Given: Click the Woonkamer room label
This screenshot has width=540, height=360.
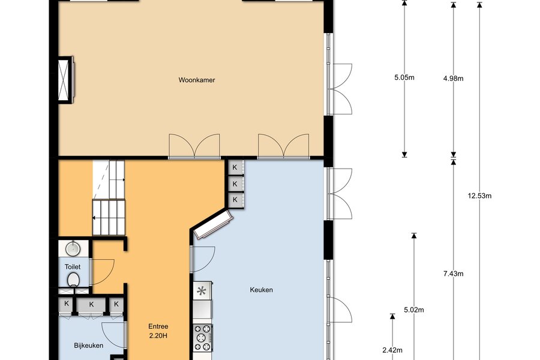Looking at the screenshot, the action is pyautogui.click(x=197, y=80).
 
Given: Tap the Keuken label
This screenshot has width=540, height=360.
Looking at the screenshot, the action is pyautogui.click(x=262, y=290).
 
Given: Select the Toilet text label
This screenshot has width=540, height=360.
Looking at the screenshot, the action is pyautogui.click(x=73, y=266).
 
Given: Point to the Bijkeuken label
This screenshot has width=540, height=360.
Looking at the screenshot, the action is pyautogui.click(x=89, y=346).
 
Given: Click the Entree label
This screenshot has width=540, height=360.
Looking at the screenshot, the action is pyautogui.click(x=158, y=326).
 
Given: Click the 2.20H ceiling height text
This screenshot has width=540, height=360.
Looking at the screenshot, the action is pyautogui.click(x=158, y=335).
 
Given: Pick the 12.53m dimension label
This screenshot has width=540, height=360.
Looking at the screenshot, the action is pyautogui.click(x=479, y=196).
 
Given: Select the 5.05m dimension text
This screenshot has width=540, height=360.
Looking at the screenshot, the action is pyautogui.click(x=404, y=77).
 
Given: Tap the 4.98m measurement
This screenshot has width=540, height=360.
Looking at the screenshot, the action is pyautogui.click(x=453, y=79).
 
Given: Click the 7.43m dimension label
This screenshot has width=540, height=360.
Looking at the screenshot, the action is pyautogui.click(x=453, y=274).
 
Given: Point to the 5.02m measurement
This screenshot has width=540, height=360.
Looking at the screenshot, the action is pyautogui.click(x=414, y=310).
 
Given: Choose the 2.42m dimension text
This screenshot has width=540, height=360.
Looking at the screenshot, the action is pyautogui.click(x=392, y=350).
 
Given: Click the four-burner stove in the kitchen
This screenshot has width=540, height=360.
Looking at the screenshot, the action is pyautogui.click(x=203, y=338).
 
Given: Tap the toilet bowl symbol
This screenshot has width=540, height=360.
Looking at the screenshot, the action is pyautogui.click(x=73, y=280).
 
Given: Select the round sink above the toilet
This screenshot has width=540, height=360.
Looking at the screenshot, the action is pyautogui.click(x=73, y=248).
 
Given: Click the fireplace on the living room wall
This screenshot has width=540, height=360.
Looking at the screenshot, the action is pyautogui.click(x=65, y=80).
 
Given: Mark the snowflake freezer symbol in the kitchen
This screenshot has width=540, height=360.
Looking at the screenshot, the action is pyautogui.click(x=202, y=291).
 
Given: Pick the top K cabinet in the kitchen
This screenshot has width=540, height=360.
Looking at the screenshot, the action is pyautogui.click(x=235, y=167).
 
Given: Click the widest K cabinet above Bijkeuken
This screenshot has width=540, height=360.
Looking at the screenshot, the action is pyautogui.click(x=91, y=304).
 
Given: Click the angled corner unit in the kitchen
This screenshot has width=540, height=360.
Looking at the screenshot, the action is pyautogui.click(x=214, y=224).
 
